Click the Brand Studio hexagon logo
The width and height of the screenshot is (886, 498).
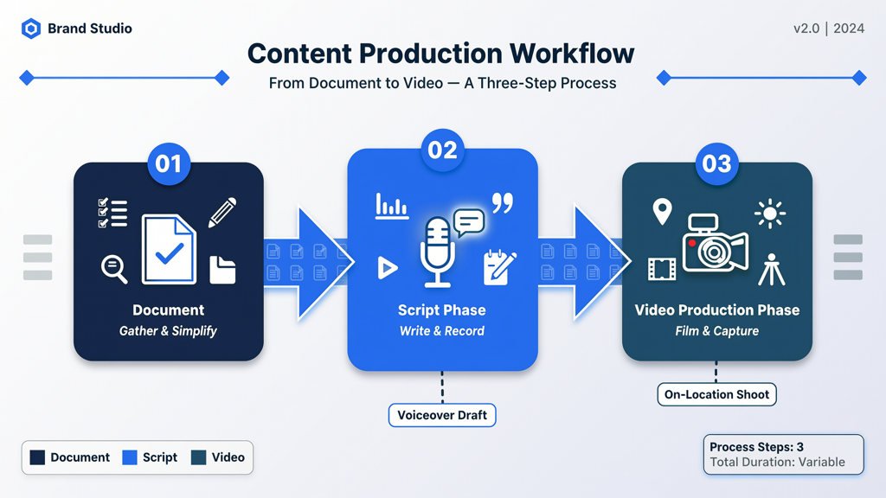[31, 29]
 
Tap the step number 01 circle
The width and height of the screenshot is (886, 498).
[169, 163]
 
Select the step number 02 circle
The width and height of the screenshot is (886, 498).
[442, 150]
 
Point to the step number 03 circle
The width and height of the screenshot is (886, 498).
[716, 163]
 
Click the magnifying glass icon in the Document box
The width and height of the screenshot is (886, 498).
[114, 269]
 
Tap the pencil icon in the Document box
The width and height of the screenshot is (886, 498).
[222, 213]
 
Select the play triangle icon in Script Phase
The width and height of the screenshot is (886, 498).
[387, 268]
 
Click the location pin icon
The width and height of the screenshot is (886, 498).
[662, 212]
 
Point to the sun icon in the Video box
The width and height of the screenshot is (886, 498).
[769, 214]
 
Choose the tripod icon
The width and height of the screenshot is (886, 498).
[771, 270]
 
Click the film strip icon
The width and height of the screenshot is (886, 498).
[662, 270]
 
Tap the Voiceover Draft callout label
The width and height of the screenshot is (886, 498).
[442, 415]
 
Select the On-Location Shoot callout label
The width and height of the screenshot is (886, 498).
[716, 394]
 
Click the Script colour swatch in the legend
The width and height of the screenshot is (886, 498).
[130, 457]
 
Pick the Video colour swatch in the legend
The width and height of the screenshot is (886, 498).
[198, 457]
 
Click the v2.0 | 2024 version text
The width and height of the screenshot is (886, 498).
[829, 29]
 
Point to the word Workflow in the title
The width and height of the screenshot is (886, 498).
[572, 54]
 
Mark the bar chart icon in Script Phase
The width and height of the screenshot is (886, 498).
[392, 206]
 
